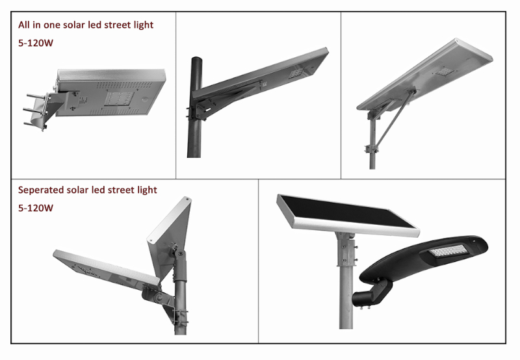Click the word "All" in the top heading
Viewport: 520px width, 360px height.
[x=24, y=25]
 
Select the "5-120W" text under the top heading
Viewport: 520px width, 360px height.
[x=36, y=43]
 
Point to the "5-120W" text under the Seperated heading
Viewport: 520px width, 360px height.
[x=36, y=208]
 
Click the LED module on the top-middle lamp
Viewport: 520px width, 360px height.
[x=296, y=73]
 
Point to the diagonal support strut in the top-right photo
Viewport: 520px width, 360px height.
[x=395, y=119]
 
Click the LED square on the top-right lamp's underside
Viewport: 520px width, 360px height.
[x=444, y=71]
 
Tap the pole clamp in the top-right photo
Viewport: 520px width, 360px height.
[x=371, y=149]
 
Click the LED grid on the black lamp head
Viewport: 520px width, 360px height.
[x=448, y=251]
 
